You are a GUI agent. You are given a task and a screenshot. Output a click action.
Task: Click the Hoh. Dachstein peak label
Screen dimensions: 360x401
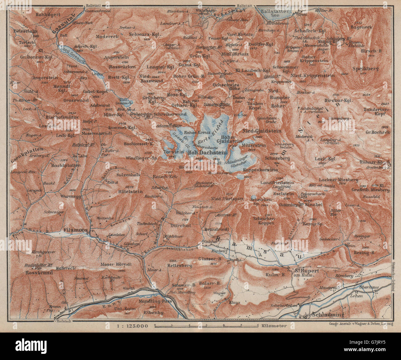pos(208,152)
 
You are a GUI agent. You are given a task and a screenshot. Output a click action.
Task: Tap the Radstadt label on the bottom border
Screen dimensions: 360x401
pos(64,321)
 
